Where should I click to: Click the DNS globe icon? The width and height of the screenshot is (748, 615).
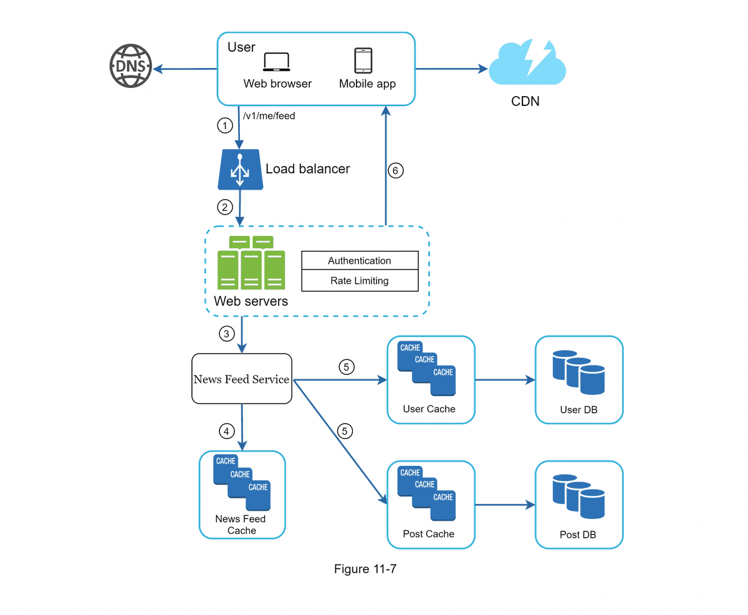(131, 65)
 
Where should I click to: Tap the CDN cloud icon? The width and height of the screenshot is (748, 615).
(527, 63)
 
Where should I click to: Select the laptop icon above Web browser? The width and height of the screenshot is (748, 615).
(277, 62)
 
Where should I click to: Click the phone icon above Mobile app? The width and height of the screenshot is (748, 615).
(363, 61)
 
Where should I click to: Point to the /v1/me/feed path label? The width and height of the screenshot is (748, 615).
(269, 115)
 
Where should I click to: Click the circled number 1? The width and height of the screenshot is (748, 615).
(224, 126)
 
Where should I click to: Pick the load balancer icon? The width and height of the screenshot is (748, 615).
(240, 168)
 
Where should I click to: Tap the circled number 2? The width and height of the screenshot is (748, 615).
(224, 206)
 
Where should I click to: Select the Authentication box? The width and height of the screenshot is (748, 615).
(359, 261)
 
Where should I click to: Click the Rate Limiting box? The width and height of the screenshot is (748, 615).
(359, 281)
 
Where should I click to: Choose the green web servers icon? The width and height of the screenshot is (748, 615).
(251, 262)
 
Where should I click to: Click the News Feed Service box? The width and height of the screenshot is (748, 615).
(241, 379)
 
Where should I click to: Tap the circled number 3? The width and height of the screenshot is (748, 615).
(226, 334)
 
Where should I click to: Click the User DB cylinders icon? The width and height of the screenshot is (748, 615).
(579, 372)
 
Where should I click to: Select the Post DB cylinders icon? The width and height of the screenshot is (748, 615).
(579, 496)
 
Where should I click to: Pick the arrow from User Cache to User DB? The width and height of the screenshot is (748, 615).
(505, 380)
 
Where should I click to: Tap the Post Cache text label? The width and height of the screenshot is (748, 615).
(429, 534)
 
